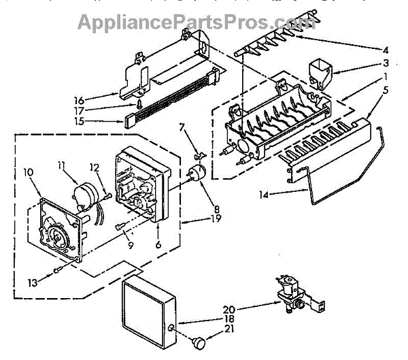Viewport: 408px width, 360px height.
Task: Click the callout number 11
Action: [x=62, y=164]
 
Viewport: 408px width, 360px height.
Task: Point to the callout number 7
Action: [x=182, y=127]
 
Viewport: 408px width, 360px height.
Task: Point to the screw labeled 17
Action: [x=139, y=105]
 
